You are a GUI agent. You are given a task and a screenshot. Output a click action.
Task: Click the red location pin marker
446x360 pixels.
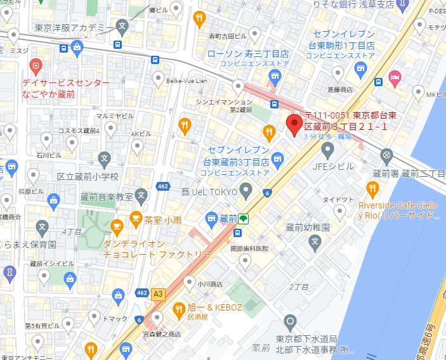click(x=294, y=125)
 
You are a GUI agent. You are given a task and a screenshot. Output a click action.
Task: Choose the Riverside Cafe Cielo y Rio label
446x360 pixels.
click(x=398, y=210)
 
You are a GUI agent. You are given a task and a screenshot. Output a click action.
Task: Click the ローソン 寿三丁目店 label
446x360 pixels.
click(x=248, y=55)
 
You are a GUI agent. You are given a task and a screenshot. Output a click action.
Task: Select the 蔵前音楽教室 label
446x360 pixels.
click(x=107, y=196)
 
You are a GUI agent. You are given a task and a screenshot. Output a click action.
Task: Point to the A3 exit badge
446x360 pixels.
click(x=158, y=293)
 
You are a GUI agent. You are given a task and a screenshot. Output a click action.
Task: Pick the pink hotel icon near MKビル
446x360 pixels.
click(x=395, y=78)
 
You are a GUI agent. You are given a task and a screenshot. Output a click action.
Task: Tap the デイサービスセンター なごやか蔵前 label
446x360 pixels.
click(x=66, y=88)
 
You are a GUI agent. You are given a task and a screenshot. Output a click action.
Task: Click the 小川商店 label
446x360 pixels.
click(x=210, y=285)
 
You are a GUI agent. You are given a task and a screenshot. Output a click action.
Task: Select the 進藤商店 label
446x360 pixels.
click(x=340, y=90)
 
